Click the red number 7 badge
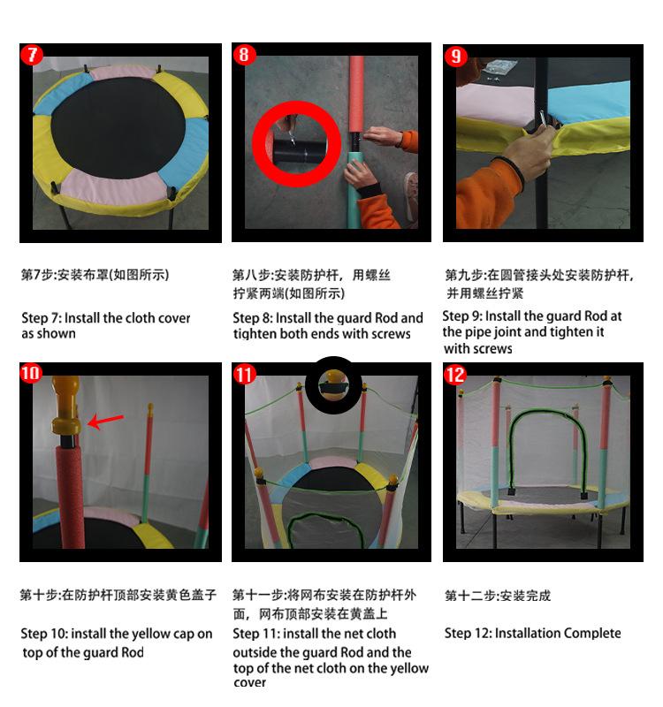[x=31, y=55]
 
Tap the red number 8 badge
[x=244, y=55]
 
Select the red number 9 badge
[x=455, y=57]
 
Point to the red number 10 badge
[x=31, y=373]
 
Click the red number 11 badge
[x=244, y=375]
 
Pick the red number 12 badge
[x=455, y=375]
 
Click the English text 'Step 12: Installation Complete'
[x=532, y=633]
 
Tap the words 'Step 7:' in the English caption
[x=39, y=318]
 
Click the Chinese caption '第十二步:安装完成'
[x=498, y=596]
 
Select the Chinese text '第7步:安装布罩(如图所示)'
[x=95, y=275]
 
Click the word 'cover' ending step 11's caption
[x=249, y=682]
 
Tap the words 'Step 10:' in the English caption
[x=43, y=634]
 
